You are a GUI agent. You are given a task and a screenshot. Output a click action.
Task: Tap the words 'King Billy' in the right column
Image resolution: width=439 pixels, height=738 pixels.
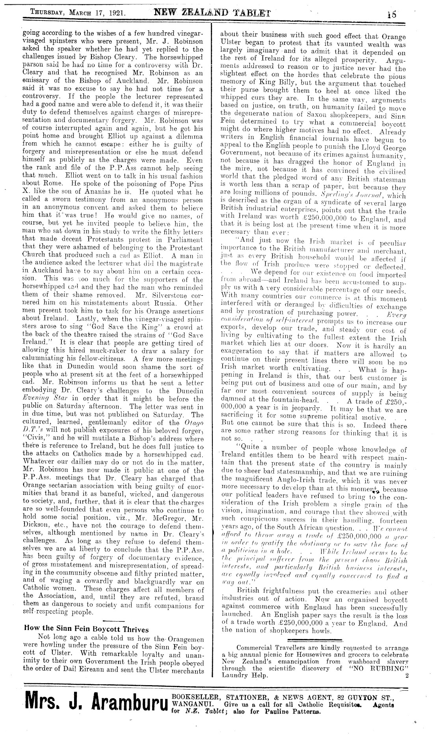279,85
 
